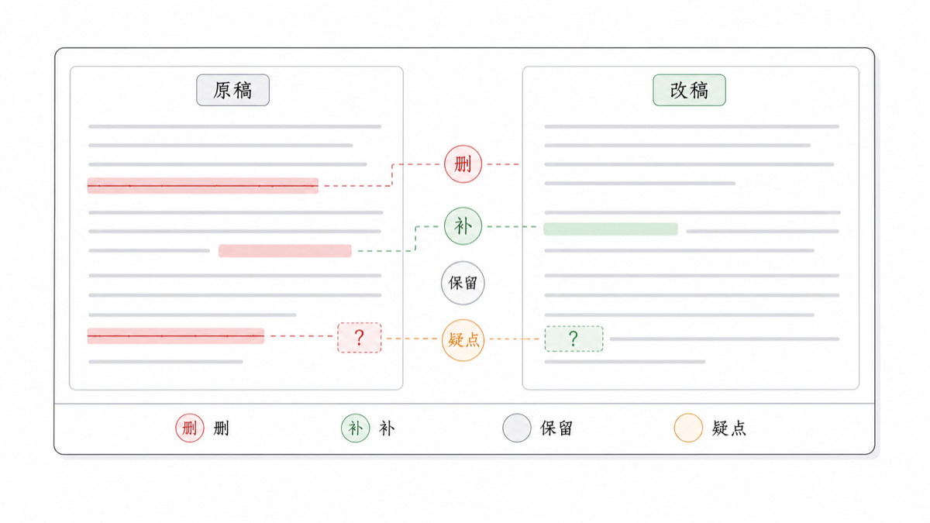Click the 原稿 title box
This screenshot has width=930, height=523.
[x=233, y=90]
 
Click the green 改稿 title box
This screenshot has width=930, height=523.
[x=689, y=90]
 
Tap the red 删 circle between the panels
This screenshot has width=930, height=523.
[x=463, y=164]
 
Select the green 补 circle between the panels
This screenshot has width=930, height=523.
[x=463, y=226]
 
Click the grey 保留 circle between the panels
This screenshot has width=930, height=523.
[x=463, y=283]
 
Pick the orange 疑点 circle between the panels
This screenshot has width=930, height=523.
[x=463, y=340]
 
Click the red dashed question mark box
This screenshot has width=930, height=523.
[x=359, y=338]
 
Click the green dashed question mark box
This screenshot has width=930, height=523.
[x=573, y=339]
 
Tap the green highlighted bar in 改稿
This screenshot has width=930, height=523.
[x=611, y=229]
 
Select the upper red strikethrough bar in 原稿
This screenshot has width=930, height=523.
[x=202, y=185]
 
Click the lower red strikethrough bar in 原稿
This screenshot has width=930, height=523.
[x=176, y=335]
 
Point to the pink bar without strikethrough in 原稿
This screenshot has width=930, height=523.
[x=285, y=251]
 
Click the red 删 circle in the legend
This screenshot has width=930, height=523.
[x=190, y=428]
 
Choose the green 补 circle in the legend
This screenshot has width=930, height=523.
[x=356, y=428]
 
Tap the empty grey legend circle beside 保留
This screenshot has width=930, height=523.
[x=517, y=428]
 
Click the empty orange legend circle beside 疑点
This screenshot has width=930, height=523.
[x=688, y=428]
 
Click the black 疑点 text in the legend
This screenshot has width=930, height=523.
[x=729, y=428]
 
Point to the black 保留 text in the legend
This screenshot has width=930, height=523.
[x=556, y=428]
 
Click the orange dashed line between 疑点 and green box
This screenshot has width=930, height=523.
[x=515, y=339]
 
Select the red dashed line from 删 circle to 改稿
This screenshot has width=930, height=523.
[x=502, y=164]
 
